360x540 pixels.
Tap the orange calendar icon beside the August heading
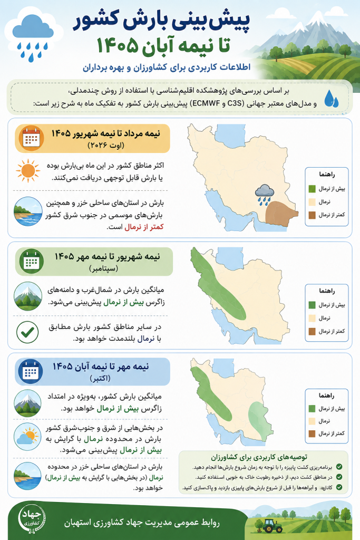coord(31,139)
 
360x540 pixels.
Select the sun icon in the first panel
coord(28,171)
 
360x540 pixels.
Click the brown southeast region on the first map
coord(280,214)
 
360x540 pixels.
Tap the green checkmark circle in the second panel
coord(27,332)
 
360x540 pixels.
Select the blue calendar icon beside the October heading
coord(31,372)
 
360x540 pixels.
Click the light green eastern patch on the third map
coord(261,420)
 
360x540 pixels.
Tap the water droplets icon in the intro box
coord(331,98)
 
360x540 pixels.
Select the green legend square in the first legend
coord(312,189)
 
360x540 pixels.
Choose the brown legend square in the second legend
coord(312,331)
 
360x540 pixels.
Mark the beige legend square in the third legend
coord(312,421)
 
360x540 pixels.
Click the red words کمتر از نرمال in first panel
coord(144,227)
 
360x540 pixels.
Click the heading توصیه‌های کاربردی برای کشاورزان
coord(259,457)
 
